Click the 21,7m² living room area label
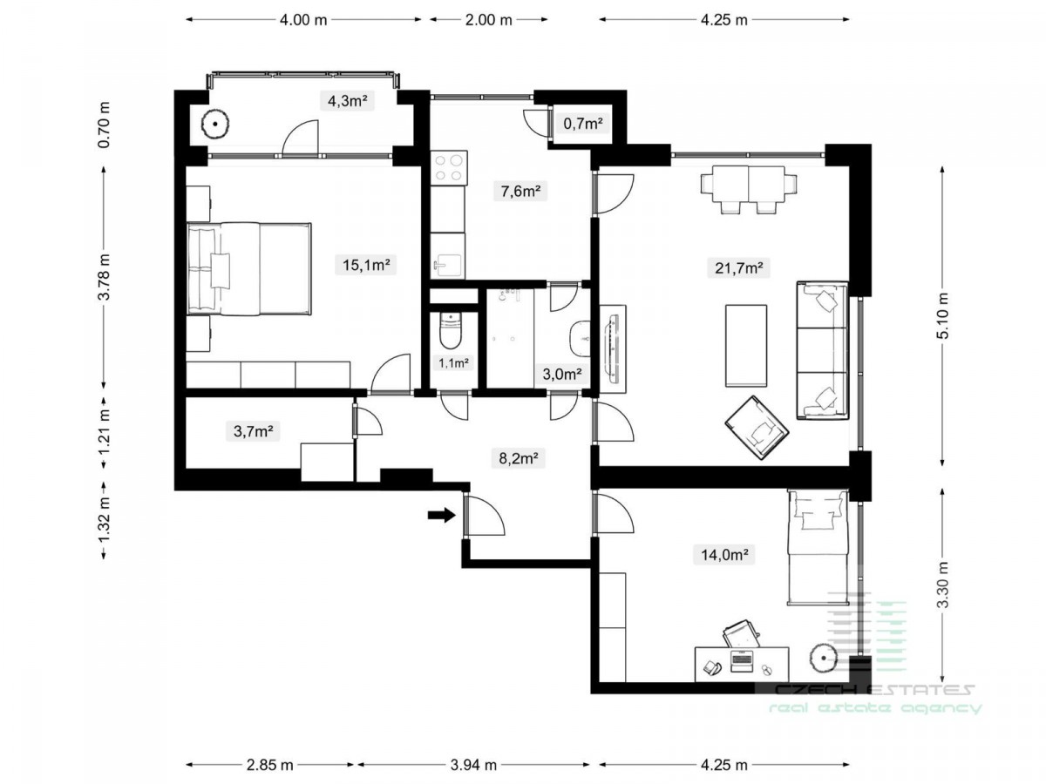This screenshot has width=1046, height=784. (x=738, y=268)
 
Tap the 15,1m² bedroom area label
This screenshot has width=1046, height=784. (x=366, y=265)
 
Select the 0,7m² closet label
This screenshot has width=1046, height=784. (x=583, y=124)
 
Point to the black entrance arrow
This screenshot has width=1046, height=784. (x=441, y=515)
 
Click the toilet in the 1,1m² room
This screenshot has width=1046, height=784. (x=450, y=330)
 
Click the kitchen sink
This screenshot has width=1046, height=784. (x=447, y=266)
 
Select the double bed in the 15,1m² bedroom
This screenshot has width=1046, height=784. (x=248, y=268)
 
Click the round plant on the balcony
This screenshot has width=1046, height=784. (x=215, y=124)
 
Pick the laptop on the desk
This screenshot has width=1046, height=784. (x=741, y=661)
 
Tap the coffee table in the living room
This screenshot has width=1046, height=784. (x=746, y=346)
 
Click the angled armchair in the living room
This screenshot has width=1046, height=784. (x=756, y=428)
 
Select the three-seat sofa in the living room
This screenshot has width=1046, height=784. (x=822, y=350)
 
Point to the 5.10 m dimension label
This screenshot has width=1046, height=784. (x=942, y=315)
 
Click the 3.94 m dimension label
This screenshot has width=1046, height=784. (x=473, y=765)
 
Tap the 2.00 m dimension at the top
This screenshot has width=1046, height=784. (x=488, y=20)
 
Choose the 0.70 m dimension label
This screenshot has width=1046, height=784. (x=104, y=125)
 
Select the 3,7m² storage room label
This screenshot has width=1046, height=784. (x=253, y=431)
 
